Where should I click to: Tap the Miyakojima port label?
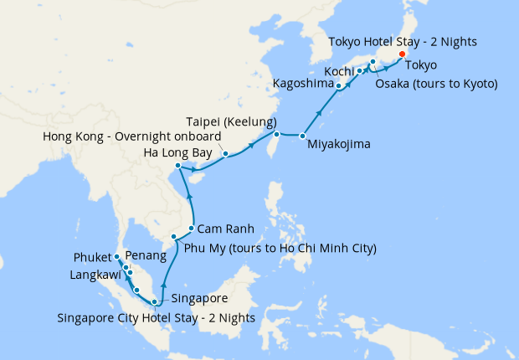click(x=338, y=144)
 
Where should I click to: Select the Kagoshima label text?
click(x=302, y=85)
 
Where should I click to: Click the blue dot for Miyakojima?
click(x=302, y=136)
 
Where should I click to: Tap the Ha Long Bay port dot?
click(x=178, y=166)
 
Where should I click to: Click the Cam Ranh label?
click(x=225, y=228)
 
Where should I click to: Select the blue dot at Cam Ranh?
click(x=192, y=228)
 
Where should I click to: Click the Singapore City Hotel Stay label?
click(x=156, y=317)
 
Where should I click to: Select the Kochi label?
click(x=337, y=70)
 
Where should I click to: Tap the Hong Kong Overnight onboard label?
click(x=131, y=136)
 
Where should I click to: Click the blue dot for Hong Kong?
click(x=225, y=153)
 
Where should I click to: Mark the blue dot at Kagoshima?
click(x=338, y=85)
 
